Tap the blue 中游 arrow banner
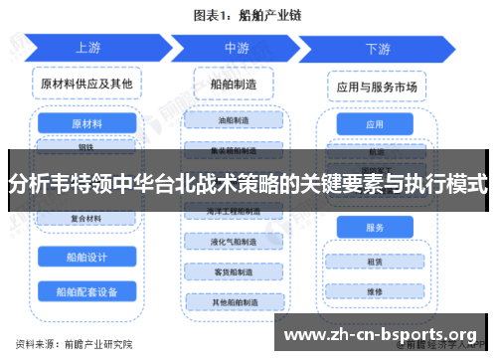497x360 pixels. click(237, 47)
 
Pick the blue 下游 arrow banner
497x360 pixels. click(378, 47)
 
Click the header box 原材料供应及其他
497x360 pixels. click(86, 84)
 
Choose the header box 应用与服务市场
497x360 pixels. click(375, 89)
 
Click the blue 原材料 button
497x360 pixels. click(86, 124)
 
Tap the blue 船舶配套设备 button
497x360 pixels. click(86, 292)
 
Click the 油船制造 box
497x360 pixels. click(237, 120)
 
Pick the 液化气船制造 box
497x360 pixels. click(237, 242)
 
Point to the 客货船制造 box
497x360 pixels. click(237, 271)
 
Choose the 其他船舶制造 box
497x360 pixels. click(237, 301)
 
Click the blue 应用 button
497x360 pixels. click(375, 125)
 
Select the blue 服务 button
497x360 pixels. click(375, 228)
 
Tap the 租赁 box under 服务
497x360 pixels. click(375, 264)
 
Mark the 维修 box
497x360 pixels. click(375, 292)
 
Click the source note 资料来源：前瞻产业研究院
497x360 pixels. click(69, 343)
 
